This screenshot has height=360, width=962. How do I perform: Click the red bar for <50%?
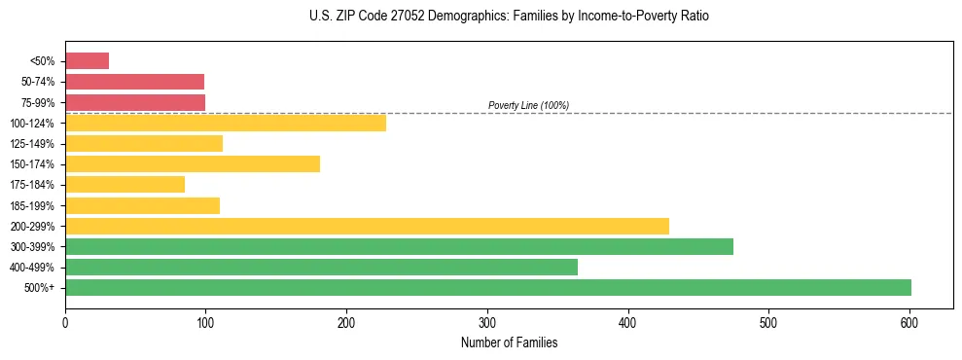point(87,61)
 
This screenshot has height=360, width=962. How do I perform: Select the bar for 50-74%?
point(134,82)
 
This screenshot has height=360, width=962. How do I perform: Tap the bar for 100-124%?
point(226,123)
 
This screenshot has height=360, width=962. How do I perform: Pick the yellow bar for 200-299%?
point(367,226)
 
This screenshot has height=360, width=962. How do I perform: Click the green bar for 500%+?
point(487,287)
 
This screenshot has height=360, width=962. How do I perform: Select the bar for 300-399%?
point(399,246)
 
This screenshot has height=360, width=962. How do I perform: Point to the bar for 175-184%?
point(125,184)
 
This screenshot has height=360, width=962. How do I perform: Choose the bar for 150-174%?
point(193,163)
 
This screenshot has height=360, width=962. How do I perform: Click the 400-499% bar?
point(321,267)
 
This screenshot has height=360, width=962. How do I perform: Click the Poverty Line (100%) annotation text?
point(528,105)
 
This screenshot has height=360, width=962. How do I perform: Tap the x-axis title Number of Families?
point(509,342)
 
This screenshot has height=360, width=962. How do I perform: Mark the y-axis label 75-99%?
point(38,102)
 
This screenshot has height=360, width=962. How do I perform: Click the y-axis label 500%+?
point(41,287)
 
